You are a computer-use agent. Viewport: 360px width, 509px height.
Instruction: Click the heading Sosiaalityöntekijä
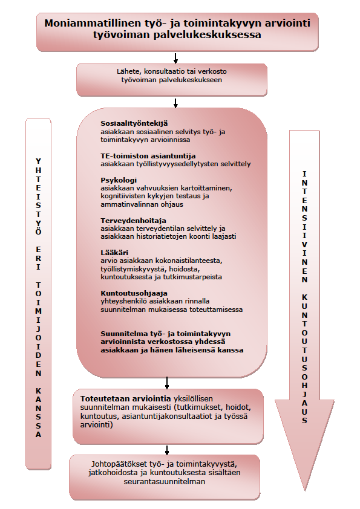coord(134,123)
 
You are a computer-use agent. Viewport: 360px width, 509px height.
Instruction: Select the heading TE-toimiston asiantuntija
coord(148,156)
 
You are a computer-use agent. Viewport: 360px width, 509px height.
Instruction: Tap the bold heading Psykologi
coord(119,180)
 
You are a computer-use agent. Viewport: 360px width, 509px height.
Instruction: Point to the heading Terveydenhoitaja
coord(133,221)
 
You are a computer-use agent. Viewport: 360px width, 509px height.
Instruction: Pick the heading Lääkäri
coord(114,253)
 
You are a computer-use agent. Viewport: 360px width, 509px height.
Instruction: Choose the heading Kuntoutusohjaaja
coord(134,293)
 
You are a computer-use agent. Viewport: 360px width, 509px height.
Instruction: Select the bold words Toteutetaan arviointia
coord(125,398)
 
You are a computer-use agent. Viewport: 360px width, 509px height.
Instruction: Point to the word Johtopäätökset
coord(120,464)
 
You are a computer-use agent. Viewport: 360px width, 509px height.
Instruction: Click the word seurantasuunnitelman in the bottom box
coord(165,481)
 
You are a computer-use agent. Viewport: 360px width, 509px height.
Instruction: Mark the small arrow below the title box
coord(175,58)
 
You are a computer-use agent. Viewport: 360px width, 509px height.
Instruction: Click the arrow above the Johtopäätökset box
coord(167,450)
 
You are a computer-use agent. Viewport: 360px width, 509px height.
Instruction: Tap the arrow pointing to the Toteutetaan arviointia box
coord(167,383)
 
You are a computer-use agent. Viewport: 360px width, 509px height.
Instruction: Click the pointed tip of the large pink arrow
coord(305,490)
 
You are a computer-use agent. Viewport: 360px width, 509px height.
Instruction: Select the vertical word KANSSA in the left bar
coord(38,413)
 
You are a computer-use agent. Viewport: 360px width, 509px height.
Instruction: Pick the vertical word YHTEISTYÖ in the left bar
coord(38,196)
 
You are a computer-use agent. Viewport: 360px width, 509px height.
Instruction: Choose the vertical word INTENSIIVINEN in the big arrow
coord(304,227)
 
